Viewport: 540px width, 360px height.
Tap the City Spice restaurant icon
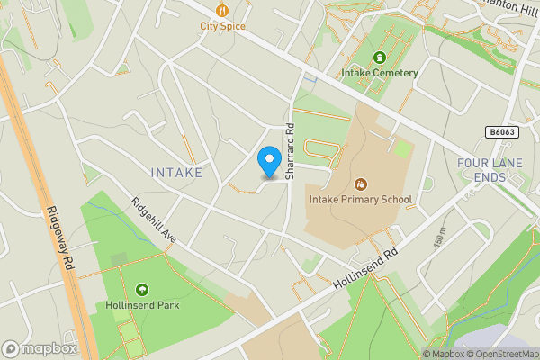[221, 11]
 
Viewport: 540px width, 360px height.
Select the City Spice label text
[221, 26]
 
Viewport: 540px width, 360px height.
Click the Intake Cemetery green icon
[378, 57]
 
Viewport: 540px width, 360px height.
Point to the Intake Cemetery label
[379, 73]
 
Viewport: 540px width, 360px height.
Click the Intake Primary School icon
[361, 184]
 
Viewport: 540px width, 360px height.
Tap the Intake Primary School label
[360, 200]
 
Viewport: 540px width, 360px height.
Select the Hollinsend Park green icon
[141, 289]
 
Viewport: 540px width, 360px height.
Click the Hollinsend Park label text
[141, 305]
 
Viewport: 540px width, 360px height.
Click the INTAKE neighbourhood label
[176, 171]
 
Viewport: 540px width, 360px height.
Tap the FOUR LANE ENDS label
[490, 169]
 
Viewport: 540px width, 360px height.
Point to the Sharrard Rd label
[290, 150]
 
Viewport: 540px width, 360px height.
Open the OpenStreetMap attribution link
[505, 354]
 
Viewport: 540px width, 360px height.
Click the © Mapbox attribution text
[445, 354]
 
